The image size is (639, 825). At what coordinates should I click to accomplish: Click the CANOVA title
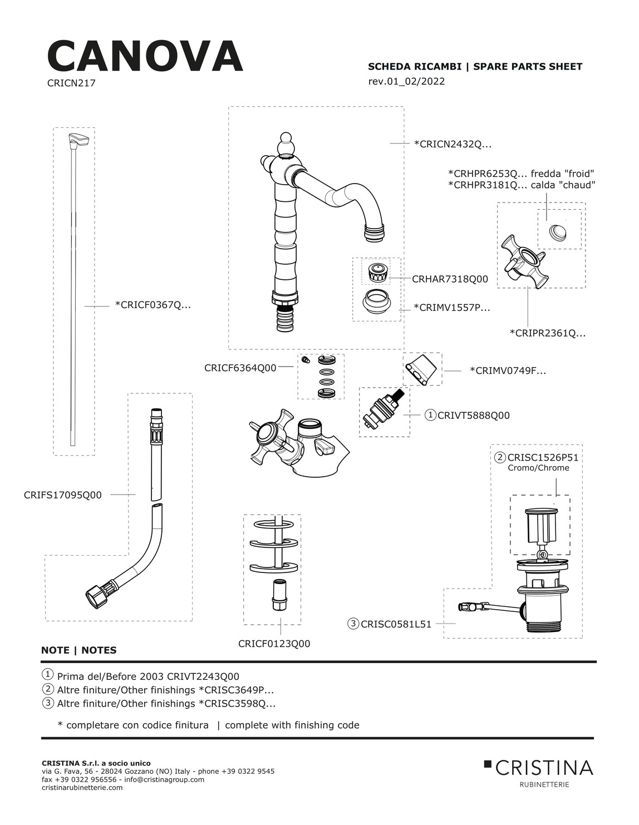145,57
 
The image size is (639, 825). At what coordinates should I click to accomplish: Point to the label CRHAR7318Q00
450,279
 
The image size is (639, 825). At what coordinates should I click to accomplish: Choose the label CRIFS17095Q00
63,495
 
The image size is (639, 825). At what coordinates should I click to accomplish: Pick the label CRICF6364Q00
240,368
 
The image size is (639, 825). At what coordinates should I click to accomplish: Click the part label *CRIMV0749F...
508,370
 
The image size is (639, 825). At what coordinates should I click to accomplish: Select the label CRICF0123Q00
274,644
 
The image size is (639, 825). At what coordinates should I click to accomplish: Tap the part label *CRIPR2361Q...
548,333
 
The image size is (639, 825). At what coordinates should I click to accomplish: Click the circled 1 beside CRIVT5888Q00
430,415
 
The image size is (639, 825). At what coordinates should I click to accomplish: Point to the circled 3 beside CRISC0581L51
353,624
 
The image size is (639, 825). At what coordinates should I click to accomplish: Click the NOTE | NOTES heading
79,650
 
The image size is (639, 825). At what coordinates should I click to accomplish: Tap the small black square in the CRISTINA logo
488,763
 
